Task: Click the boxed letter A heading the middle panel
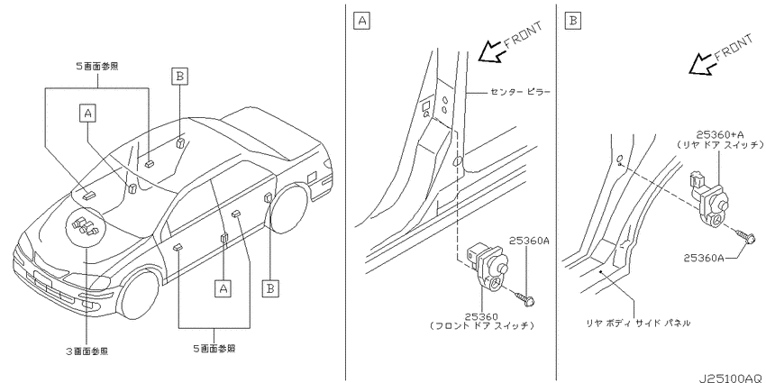[361, 21]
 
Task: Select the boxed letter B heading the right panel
[572, 21]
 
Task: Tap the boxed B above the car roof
[179, 77]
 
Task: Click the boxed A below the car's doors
[223, 288]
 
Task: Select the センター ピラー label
[520, 91]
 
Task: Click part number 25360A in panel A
[530, 241]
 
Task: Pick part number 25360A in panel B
[704, 258]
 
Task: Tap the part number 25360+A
[720, 134]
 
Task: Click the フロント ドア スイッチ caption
[482, 325]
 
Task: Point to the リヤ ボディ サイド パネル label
[639, 323]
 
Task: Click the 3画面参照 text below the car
[87, 351]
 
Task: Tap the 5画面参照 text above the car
[96, 67]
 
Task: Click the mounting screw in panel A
[526, 297]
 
